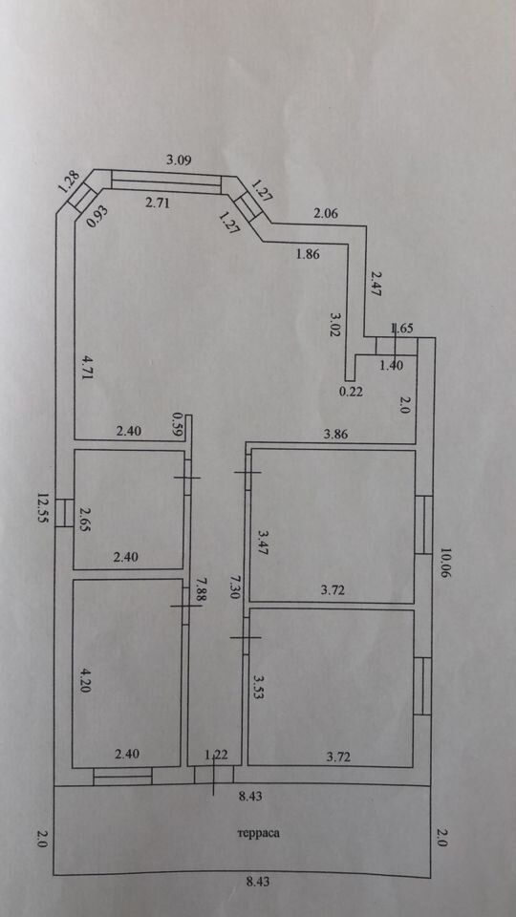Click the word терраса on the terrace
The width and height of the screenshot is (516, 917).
259,833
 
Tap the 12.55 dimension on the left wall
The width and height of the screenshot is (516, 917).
41,509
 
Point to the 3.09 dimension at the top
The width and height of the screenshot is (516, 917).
180,160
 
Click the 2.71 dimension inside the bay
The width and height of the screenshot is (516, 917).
157,203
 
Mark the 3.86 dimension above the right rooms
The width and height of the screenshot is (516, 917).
335,434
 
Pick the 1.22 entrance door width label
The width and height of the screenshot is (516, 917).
216,755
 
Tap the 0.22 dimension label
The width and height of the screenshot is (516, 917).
352,393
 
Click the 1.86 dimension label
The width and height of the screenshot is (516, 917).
310,254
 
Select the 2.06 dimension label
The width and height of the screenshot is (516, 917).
326,213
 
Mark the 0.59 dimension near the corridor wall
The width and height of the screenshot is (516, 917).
177,424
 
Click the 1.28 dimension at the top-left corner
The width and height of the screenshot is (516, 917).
69,182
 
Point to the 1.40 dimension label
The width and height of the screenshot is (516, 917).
391,366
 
